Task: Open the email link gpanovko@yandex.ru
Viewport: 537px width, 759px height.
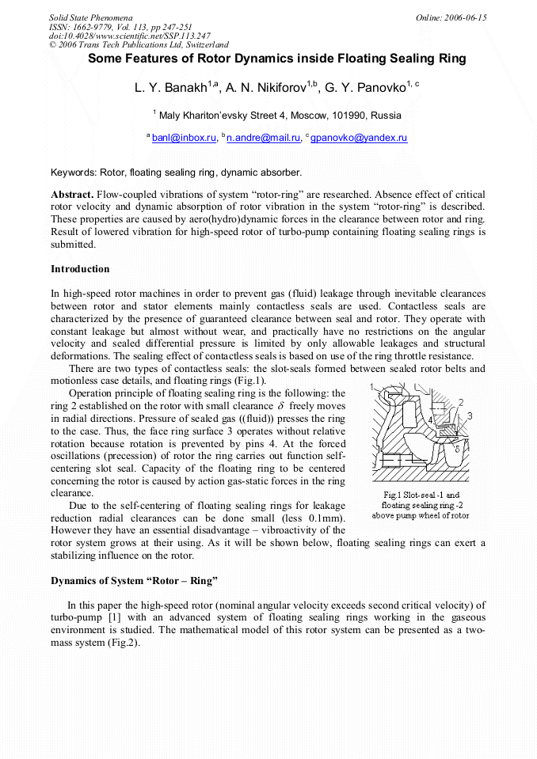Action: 359,138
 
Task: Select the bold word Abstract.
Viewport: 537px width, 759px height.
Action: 72,195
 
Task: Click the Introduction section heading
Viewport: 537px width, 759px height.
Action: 80,269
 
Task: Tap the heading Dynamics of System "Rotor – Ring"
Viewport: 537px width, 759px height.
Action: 134,580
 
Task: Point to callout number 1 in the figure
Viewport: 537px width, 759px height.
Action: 371,387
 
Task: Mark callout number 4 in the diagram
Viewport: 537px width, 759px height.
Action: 431,419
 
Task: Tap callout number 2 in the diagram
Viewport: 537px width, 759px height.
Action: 461,403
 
